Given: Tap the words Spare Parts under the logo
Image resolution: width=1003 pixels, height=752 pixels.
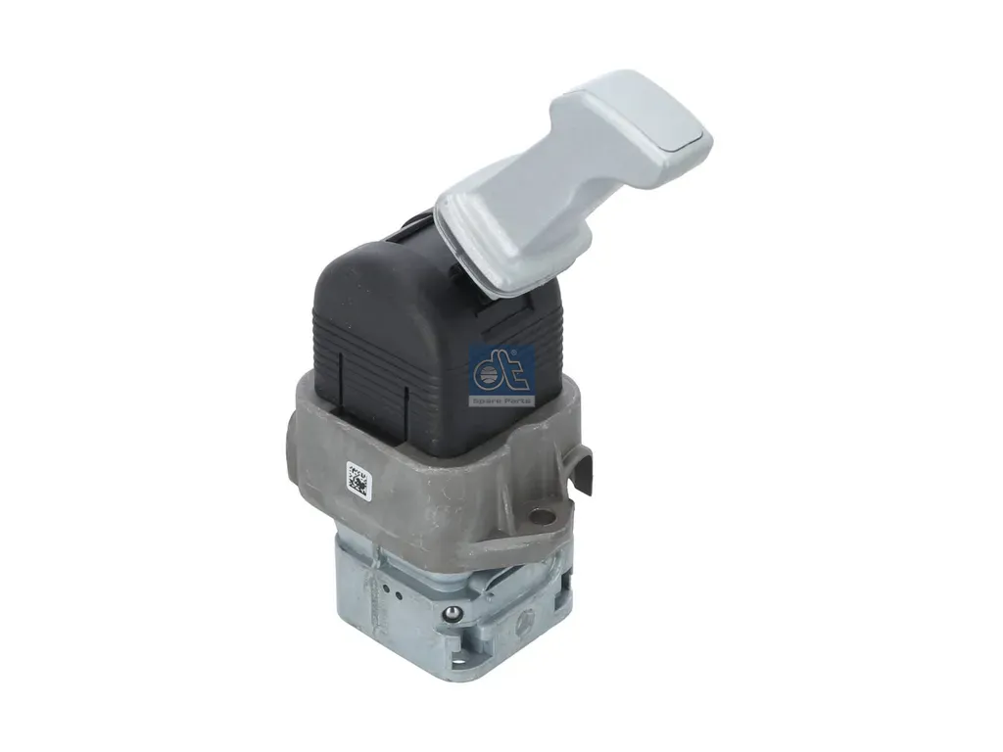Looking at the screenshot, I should [x=501, y=400].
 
